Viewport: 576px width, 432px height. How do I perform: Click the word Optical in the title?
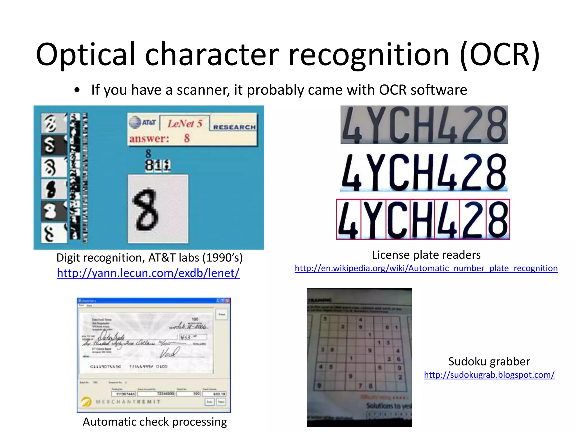click(86, 55)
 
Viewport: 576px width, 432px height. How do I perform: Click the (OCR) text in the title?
click(499, 55)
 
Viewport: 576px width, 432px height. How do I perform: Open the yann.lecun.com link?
click(148, 273)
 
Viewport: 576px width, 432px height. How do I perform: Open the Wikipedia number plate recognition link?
click(426, 268)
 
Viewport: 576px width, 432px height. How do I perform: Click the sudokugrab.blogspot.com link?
click(489, 375)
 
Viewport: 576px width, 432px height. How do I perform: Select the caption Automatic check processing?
click(155, 422)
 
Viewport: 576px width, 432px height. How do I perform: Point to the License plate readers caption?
click(426, 255)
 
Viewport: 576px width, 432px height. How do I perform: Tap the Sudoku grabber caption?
click(489, 362)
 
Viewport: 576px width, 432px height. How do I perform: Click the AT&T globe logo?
click(135, 122)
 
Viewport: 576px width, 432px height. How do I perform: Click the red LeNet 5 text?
click(185, 123)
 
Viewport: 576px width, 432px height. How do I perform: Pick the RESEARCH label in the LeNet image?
click(234, 127)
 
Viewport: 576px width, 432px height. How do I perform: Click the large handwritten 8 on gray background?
click(146, 209)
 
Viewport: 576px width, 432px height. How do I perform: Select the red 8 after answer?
click(187, 138)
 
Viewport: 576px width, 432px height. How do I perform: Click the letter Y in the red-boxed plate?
click(373, 220)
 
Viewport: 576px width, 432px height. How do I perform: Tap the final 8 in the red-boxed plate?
click(498, 220)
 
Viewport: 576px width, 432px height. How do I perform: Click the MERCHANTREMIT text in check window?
click(128, 402)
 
